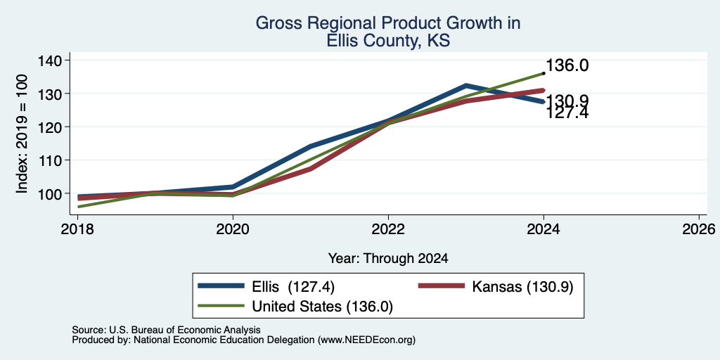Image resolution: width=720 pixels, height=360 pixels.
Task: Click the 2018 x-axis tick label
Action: click(77, 229)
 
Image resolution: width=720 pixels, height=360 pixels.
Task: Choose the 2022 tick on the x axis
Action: click(388, 229)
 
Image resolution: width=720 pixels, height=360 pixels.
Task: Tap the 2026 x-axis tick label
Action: click(699, 229)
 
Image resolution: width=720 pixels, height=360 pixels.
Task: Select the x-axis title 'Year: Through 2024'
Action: click(388, 259)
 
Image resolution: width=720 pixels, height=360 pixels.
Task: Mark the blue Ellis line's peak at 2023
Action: click(466, 85)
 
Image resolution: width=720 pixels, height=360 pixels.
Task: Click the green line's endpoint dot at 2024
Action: click(544, 73)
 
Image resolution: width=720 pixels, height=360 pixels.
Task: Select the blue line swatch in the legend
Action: click(221, 286)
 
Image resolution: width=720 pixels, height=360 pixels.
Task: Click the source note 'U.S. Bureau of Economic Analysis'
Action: click(185, 330)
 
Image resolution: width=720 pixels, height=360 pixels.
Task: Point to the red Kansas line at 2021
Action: click(311, 169)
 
